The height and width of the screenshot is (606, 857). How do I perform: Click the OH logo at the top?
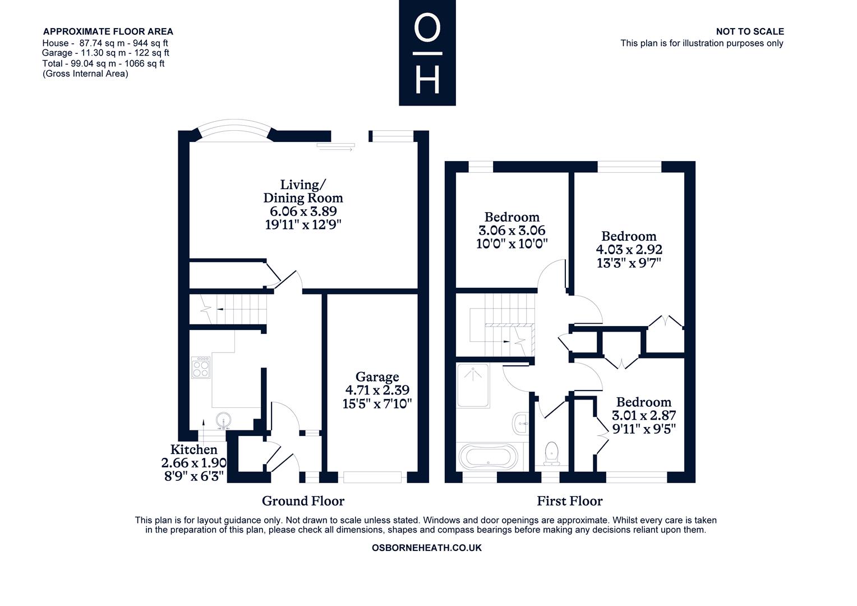(x=427, y=53)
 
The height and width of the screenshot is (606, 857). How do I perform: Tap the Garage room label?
(x=377, y=377)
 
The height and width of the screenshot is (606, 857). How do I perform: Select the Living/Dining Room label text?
(x=303, y=191)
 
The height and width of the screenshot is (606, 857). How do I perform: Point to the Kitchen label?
(x=193, y=449)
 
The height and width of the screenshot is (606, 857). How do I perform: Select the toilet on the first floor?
(x=551, y=452)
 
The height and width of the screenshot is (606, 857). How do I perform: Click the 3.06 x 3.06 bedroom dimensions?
(x=512, y=230)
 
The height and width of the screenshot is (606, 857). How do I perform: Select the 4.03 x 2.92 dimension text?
(x=629, y=250)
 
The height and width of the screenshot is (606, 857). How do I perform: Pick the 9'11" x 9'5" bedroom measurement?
(x=643, y=429)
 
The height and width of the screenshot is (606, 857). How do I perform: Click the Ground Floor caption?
(x=303, y=501)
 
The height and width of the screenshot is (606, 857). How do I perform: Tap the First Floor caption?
(x=569, y=501)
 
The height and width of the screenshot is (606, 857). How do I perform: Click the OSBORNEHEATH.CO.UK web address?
(x=426, y=548)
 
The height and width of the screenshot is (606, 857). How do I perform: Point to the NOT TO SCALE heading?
(x=749, y=31)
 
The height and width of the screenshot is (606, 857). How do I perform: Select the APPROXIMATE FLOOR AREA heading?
(x=108, y=31)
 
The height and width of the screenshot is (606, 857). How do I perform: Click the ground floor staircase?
(x=236, y=309)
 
